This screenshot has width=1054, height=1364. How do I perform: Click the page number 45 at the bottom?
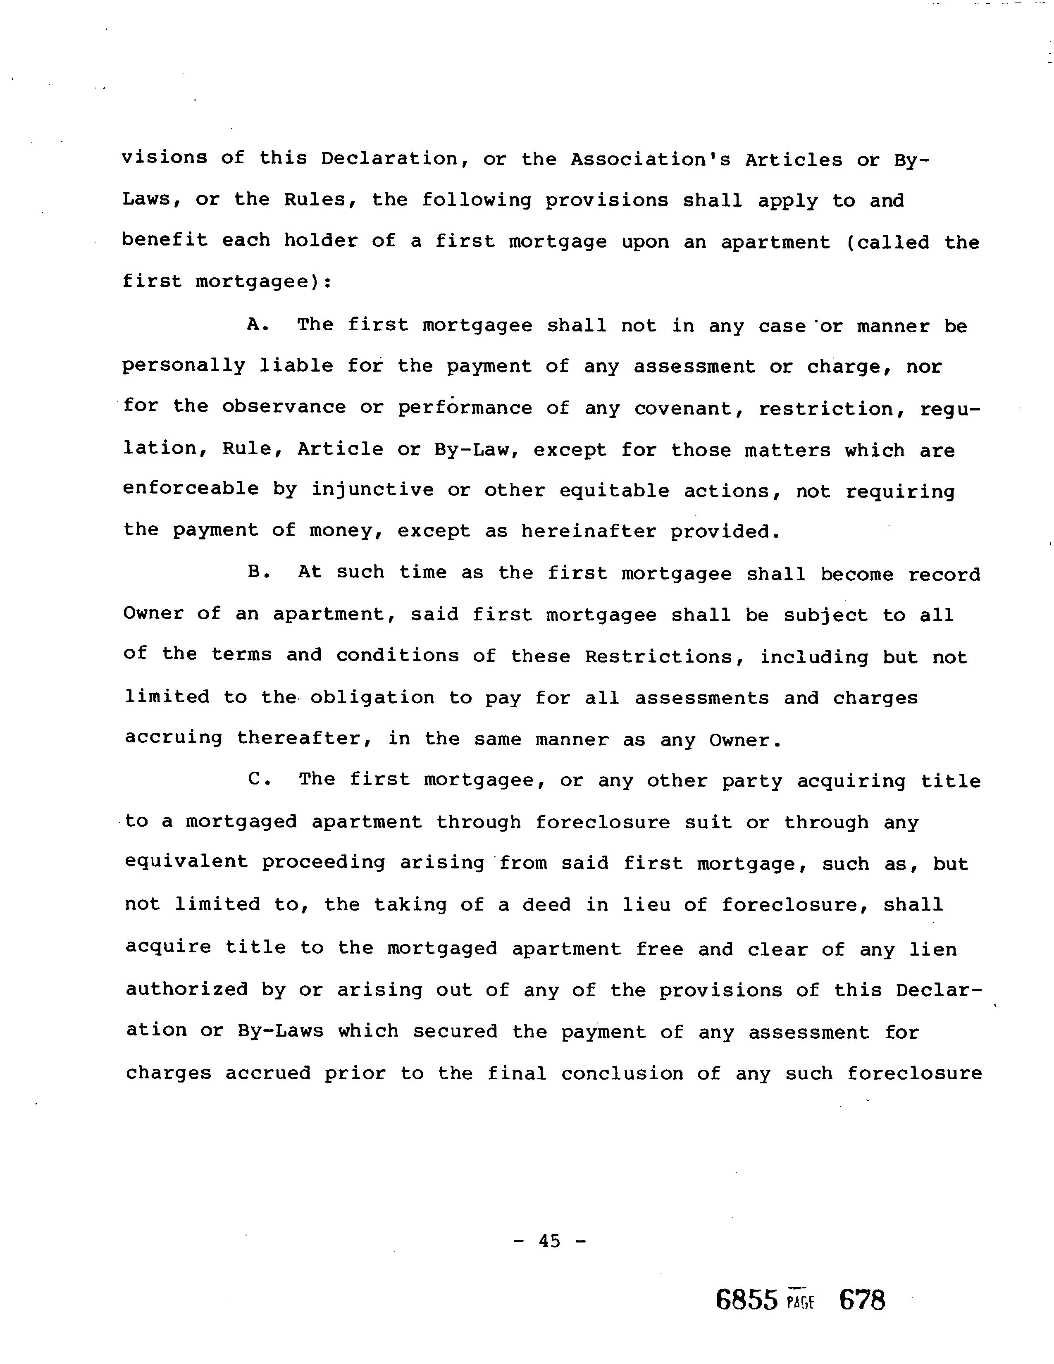pyautogui.click(x=549, y=1241)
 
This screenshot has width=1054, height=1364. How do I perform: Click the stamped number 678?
pyautogui.click(x=862, y=1301)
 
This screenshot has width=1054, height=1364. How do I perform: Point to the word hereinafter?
pyautogui.click(x=589, y=532)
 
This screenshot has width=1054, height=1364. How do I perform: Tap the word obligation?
pyautogui.click(x=372, y=698)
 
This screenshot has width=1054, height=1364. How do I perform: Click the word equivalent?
pyautogui.click(x=186, y=863)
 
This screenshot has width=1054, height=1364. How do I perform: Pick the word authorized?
pyautogui.click(x=187, y=990)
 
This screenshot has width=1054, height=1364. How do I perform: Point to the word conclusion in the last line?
pyautogui.click(x=622, y=1073)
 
